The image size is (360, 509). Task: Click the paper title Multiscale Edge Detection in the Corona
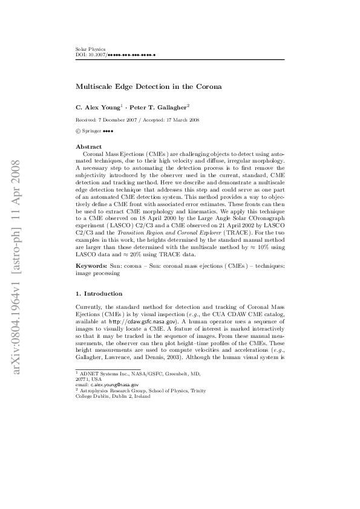pos(148,86)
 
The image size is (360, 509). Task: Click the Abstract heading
pos(88,147)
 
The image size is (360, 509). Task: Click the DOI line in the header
pos(115,54)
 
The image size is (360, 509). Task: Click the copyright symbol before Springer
pos(77,131)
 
